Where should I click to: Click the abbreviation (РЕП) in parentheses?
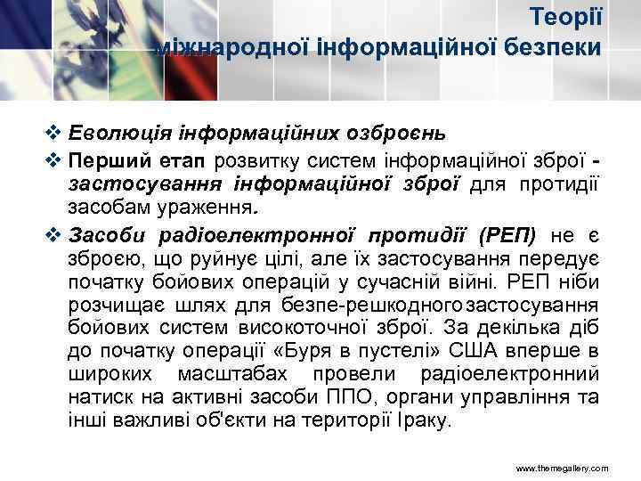click(507, 236)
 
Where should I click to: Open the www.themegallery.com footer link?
click(563, 467)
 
